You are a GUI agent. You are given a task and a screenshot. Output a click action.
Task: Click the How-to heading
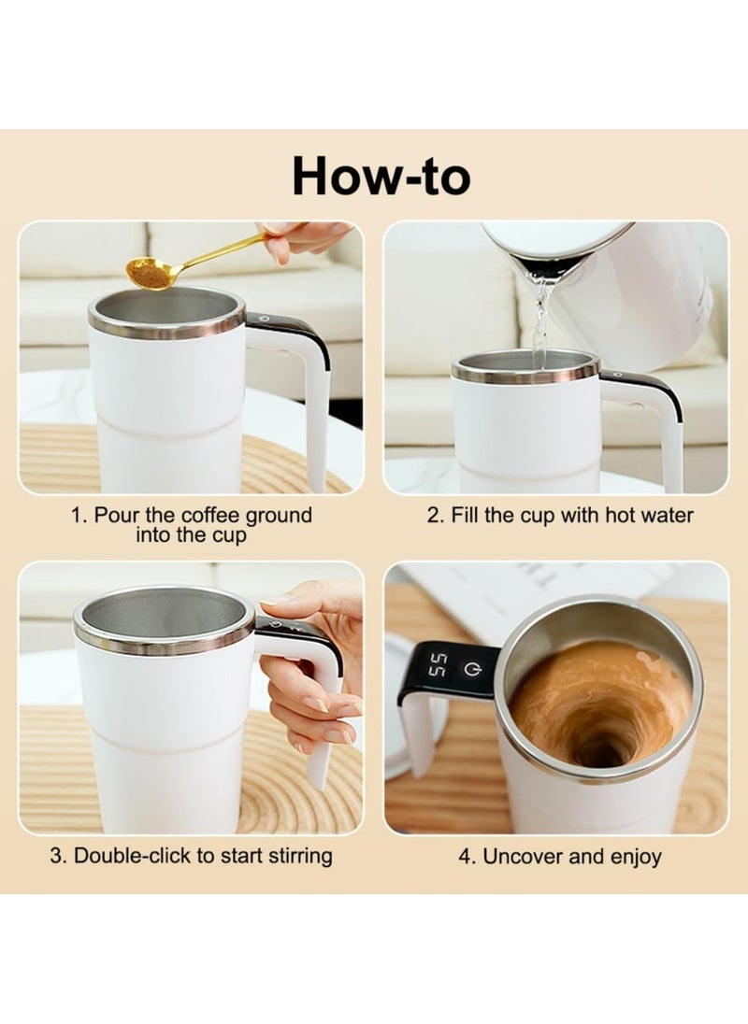(x=381, y=176)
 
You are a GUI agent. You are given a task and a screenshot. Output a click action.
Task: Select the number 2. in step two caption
(x=435, y=516)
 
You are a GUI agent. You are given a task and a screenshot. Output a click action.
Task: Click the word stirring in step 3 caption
(x=296, y=855)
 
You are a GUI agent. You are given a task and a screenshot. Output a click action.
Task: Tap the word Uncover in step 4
(x=520, y=857)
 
